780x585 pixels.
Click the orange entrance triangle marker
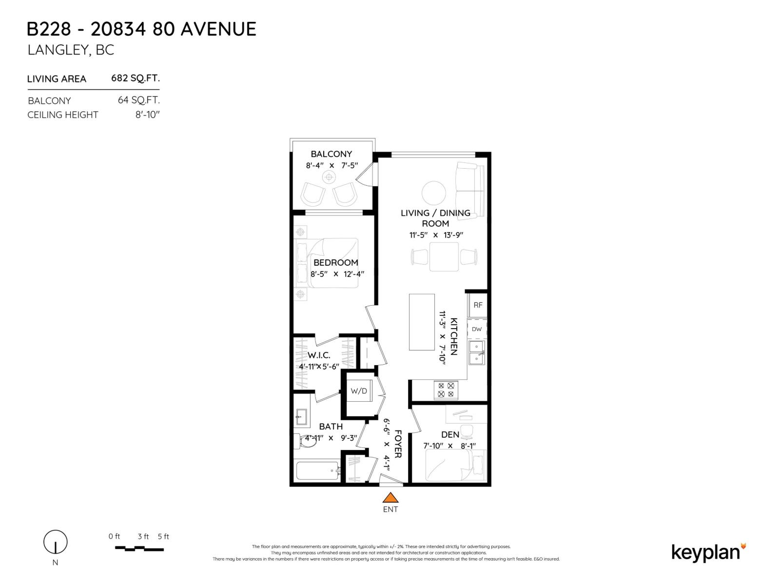[x=390, y=498]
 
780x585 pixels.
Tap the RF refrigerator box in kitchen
[x=478, y=305]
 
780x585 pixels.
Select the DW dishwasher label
[x=477, y=329]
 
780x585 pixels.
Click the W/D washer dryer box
[x=359, y=391]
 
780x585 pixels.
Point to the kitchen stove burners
[x=446, y=390]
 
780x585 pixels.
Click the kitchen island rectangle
[x=422, y=322]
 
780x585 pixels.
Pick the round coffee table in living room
[x=433, y=193]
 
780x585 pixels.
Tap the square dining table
[x=444, y=257]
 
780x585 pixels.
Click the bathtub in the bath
[x=317, y=471]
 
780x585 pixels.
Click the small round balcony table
[x=329, y=176]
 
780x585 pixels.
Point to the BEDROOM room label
[x=335, y=262]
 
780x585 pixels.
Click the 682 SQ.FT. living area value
[x=136, y=78]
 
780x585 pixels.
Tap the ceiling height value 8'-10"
[x=147, y=115]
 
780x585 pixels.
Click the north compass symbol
[x=56, y=542]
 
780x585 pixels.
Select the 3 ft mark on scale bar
[x=143, y=537]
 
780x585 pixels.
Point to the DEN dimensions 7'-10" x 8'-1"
[x=449, y=446]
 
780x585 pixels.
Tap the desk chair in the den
[x=467, y=430]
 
